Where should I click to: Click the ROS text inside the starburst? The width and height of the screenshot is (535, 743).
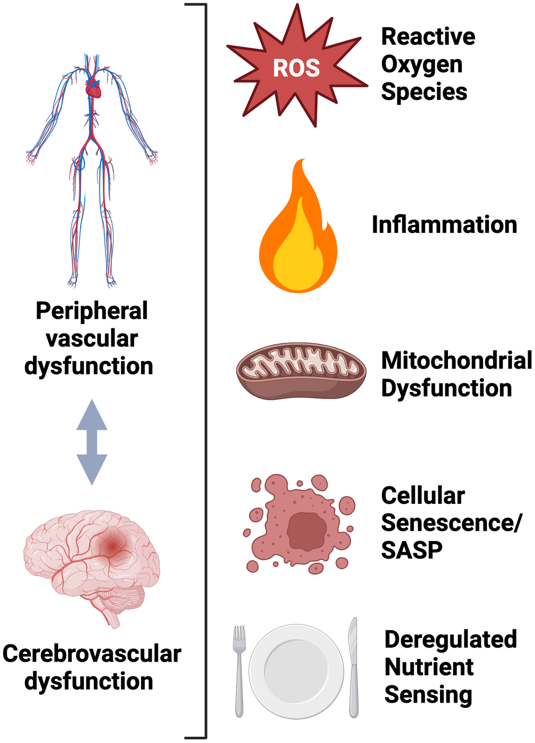point(296,68)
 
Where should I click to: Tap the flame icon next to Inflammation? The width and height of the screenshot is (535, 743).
point(298,236)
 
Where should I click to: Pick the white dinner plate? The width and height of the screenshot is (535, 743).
point(296,671)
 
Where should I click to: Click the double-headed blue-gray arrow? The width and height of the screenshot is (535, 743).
point(92,442)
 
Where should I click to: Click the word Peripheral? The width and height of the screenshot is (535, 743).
point(92,310)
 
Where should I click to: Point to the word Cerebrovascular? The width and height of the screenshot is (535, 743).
point(92,654)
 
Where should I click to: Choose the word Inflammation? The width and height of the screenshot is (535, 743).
point(444,224)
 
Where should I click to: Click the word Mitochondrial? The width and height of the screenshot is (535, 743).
point(456,361)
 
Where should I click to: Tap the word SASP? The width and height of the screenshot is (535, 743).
point(412,550)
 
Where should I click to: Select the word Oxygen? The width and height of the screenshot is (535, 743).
point(422,64)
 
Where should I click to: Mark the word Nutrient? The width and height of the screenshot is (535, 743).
point(429,667)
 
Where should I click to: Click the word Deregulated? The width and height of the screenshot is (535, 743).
point(451,640)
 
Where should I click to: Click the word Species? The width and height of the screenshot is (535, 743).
point(424,92)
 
